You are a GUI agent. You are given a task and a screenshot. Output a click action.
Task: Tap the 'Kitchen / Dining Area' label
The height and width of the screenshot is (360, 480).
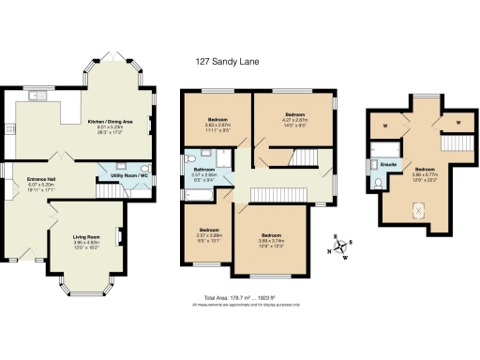click(109, 122)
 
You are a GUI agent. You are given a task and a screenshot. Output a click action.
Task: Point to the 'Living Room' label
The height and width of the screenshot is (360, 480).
click(86, 238)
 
